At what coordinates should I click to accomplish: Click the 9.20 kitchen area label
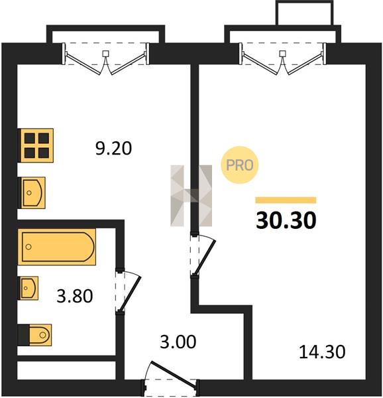pos(113,149)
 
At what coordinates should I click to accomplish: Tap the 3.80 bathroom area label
pos(75,296)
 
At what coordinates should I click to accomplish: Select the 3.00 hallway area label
pos(178,342)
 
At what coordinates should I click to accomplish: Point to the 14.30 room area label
pos(322,352)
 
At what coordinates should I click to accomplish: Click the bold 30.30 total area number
pos(286,220)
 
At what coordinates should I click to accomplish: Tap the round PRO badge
pos(239,165)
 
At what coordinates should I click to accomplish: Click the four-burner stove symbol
pos(36,145)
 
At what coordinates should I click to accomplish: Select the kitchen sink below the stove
pos(32,193)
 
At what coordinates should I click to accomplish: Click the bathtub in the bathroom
pos(57,247)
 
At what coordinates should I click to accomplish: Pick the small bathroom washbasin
pos(28,288)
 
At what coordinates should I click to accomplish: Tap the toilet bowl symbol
pos(40,335)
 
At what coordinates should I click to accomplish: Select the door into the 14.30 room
pos(204,257)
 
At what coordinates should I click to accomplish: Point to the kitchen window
pos(106,58)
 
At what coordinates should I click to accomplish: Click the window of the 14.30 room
pos(283,58)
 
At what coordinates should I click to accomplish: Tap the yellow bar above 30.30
pos(286,200)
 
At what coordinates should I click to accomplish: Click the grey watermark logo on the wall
pos(191,196)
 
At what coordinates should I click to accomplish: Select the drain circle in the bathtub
pos(28,247)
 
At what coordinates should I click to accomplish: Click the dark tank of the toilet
pos(24,335)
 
